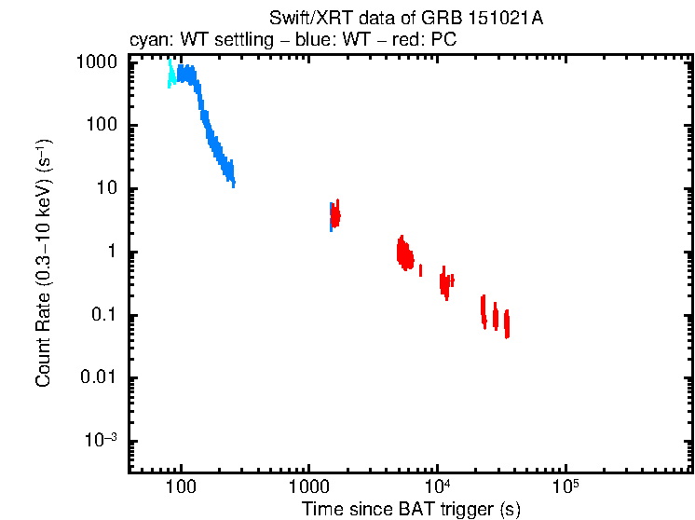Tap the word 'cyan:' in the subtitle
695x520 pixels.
coord(148,42)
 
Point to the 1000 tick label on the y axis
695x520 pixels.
coord(95,62)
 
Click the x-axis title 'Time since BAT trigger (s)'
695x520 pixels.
coord(411,509)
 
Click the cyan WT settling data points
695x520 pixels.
coord(171,75)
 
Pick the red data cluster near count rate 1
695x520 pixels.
coord(404,253)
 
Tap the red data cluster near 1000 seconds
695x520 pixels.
coord(335,215)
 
